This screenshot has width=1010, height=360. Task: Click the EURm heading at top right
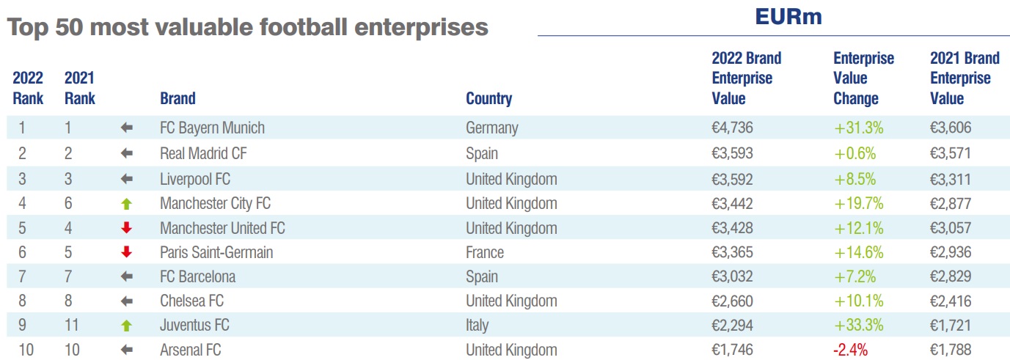tap(788, 18)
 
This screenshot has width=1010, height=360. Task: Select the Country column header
tap(488, 98)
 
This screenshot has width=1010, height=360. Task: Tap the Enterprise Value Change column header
tap(863, 78)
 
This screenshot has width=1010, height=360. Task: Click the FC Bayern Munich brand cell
tap(212, 128)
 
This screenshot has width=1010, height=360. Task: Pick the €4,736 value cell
tap(733, 128)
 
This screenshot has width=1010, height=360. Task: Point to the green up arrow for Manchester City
tap(126, 203)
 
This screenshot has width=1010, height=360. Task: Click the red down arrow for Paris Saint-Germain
tap(126, 252)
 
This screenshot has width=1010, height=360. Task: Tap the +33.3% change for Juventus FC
tap(858, 326)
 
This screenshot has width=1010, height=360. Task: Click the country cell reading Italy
tap(477, 326)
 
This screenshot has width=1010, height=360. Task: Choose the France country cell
tap(485, 252)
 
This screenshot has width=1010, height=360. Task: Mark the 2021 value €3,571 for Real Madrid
tap(951, 153)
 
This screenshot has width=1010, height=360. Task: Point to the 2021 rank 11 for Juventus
tap(72, 326)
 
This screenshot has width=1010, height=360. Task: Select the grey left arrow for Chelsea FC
tap(126, 301)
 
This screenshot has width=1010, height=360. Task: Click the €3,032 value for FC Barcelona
tap(733, 276)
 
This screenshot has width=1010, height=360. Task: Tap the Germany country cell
tap(491, 128)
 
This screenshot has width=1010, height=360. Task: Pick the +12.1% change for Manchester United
tap(858, 227)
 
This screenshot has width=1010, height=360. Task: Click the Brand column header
tap(178, 98)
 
